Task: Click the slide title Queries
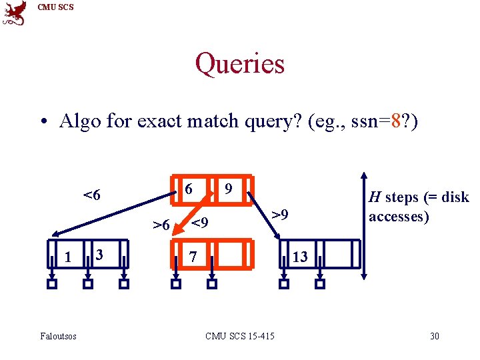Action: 239,64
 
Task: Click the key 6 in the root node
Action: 189,189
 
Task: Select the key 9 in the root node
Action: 229,189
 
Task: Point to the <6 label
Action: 92,195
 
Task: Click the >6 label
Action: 161,225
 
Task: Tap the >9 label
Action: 280,215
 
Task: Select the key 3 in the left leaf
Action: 99,255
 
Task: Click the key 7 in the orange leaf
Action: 192,257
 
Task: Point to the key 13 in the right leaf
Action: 300,257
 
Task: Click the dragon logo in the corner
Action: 15,13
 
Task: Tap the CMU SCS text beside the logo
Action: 56,7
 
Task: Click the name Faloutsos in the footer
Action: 58,336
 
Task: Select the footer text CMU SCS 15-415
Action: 240,336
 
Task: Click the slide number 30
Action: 435,336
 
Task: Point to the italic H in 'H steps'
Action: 375,197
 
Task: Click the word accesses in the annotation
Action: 398,217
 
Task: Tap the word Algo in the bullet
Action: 78,121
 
